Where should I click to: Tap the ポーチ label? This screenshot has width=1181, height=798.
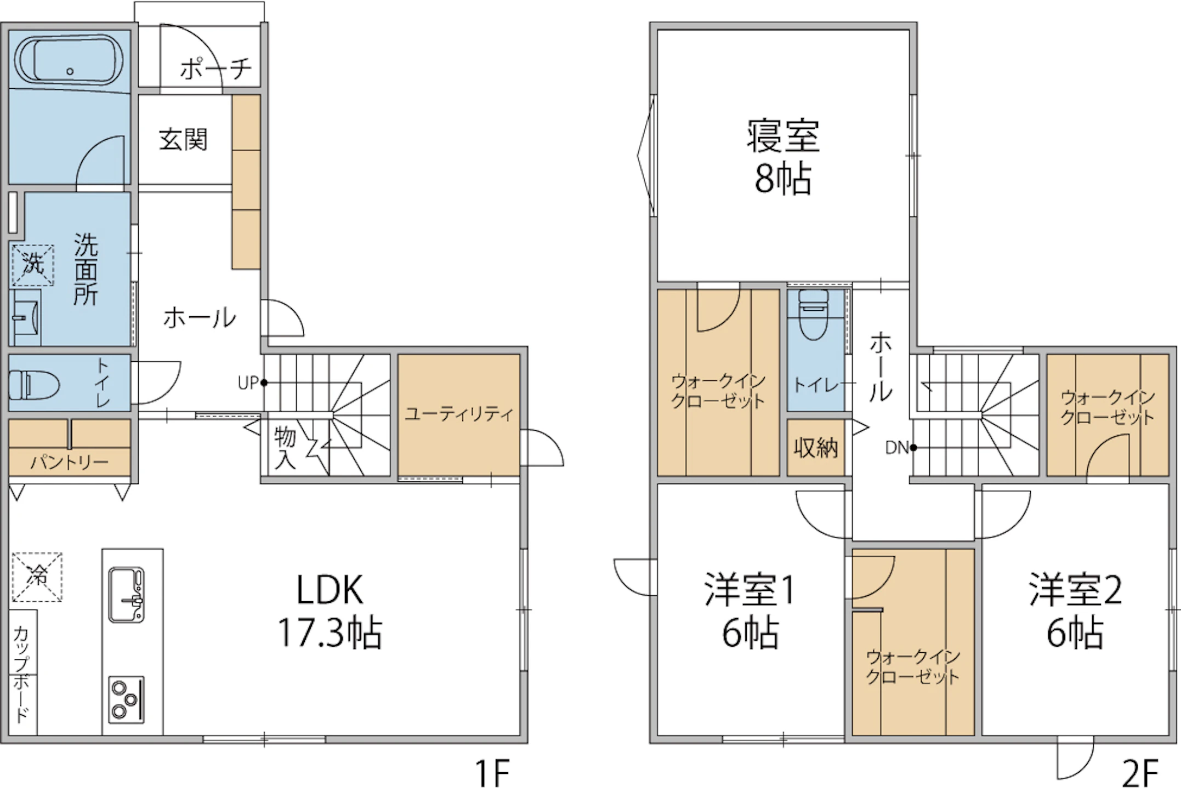click(215, 69)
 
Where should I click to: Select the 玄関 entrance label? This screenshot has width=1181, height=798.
click(183, 140)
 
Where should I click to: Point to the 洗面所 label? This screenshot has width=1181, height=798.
click(86, 269)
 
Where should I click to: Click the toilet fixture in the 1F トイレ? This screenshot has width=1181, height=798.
click(34, 384)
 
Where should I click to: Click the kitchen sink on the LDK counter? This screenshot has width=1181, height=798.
click(127, 595)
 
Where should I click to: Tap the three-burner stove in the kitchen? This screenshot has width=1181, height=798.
click(127, 699)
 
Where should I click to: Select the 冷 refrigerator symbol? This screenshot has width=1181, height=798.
click(37, 577)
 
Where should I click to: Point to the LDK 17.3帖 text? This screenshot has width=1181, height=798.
click(330, 611)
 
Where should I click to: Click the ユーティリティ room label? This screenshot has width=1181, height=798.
click(459, 414)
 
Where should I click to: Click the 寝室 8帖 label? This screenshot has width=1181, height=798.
click(783, 157)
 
